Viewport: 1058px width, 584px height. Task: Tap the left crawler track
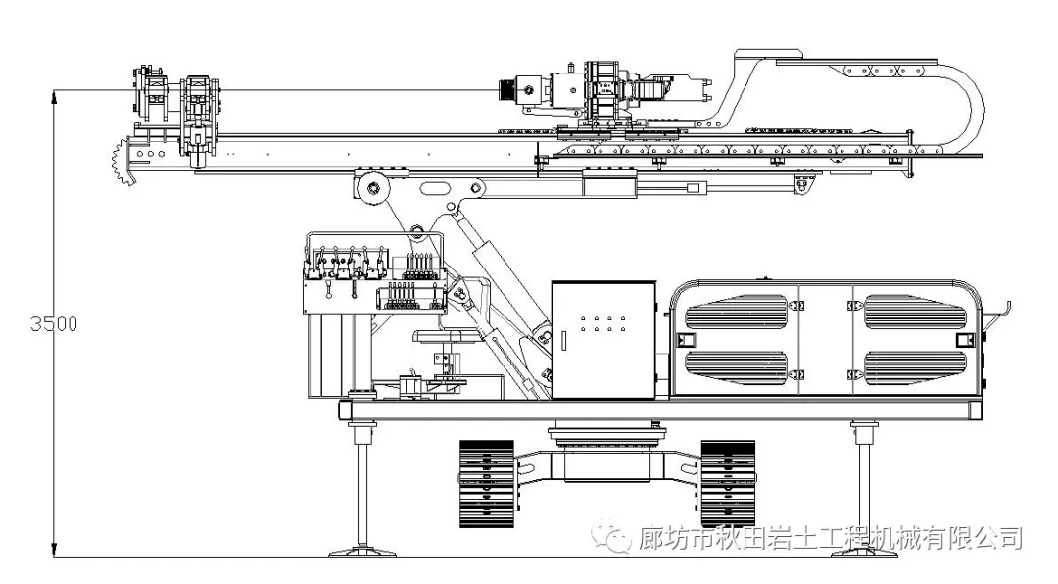[487, 484]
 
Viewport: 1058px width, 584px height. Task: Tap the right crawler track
[728, 484]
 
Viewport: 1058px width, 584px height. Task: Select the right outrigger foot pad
[864, 552]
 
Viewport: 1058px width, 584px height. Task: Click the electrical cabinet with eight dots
[603, 339]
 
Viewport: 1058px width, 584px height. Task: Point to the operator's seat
[446, 338]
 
